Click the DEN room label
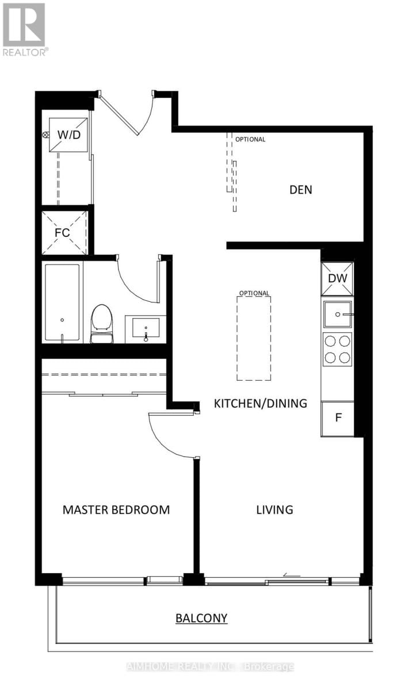pyautogui.click(x=300, y=189)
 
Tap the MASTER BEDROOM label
pyautogui.click(x=116, y=509)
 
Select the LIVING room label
pyautogui.click(x=274, y=509)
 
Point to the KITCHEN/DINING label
pyautogui.click(x=260, y=403)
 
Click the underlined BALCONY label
pyautogui.click(x=201, y=618)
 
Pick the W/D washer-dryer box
pyautogui.click(x=68, y=135)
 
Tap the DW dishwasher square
pyautogui.click(x=338, y=278)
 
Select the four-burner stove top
pyautogui.click(x=338, y=349)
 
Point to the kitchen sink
pyautogui.click(x=338, y=315)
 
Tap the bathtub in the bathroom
pyautogui.click(x=62, y=303)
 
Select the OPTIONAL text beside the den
pyautogui.click(x=250, y=139)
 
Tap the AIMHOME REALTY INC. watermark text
pyautogui.click(x=210, y=667)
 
